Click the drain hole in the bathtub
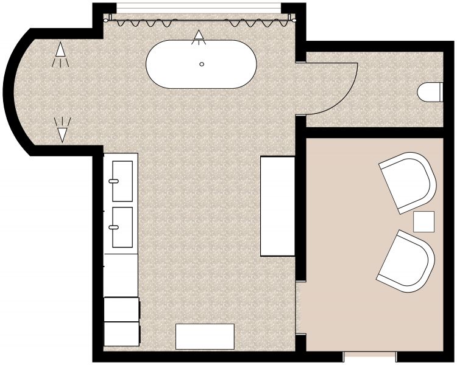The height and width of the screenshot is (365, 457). (x=202, y=64)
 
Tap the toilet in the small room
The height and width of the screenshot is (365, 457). (x=430, y=92)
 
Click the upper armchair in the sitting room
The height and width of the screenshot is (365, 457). (x=408, y=182)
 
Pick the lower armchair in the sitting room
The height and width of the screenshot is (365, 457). (x=405, y=260)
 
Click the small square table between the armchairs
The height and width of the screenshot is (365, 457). (x=424, y=221)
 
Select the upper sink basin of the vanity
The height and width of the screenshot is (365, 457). (x=122, y=181)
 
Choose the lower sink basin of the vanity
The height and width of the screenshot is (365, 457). (x=122, y=227)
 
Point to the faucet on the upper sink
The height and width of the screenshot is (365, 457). (x=114, y=181)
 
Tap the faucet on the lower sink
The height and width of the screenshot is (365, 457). (x=114, y=227)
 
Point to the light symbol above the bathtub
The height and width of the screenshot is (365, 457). (x=199, y=38)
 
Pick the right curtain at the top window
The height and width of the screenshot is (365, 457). (x=258, y=23)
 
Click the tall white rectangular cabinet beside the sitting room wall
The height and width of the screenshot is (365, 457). (x=278, y=206)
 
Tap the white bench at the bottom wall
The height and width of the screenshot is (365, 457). (x=205, y=336)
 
